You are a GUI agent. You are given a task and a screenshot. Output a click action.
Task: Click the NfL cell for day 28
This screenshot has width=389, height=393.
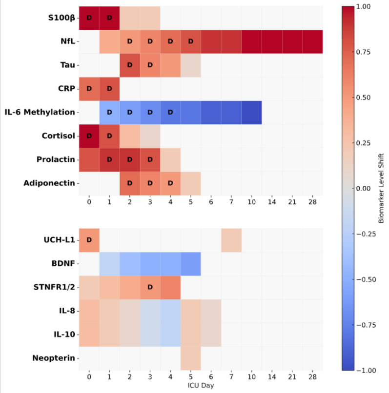312,41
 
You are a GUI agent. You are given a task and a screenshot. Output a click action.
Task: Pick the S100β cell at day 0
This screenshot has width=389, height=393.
89,18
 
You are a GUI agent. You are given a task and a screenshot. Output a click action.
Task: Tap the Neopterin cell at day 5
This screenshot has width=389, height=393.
190,358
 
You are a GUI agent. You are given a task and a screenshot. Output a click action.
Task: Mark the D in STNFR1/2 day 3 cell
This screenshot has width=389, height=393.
150,287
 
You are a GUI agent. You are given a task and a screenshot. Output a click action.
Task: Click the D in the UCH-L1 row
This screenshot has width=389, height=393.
89,240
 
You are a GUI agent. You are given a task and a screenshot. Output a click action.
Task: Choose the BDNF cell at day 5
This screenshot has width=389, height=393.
190,264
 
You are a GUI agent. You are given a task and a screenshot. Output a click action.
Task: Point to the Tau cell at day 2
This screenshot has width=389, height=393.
129,65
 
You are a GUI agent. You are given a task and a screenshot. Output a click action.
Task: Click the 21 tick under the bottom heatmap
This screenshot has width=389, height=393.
292,377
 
